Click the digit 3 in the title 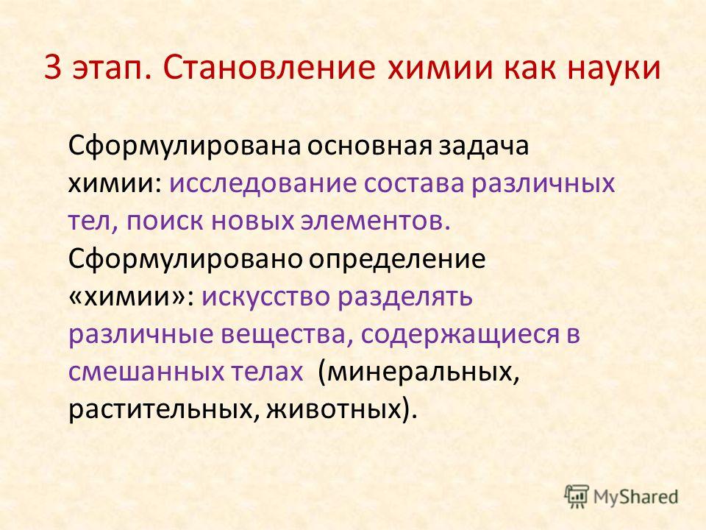53,69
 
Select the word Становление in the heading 269,68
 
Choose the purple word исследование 263,184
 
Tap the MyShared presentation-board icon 577,497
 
